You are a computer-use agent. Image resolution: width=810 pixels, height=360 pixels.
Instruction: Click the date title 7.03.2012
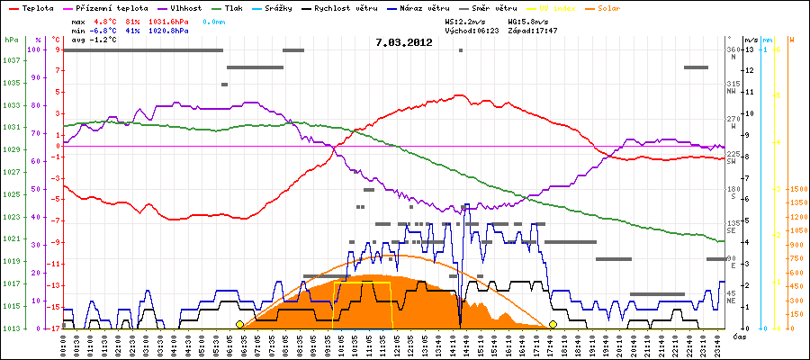(x=404, y=41)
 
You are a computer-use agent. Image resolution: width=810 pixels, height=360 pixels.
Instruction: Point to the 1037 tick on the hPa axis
(x=11, y=61)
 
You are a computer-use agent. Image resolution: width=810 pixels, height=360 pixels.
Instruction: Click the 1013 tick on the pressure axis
(x=11, y=328)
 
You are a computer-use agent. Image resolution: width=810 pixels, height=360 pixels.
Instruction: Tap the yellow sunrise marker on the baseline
(x=239, y=324)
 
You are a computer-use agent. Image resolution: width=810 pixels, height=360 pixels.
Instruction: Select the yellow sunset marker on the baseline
(x=553, y=324)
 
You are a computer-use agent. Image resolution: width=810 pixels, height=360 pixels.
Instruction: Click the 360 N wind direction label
(x=733, y=52)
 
